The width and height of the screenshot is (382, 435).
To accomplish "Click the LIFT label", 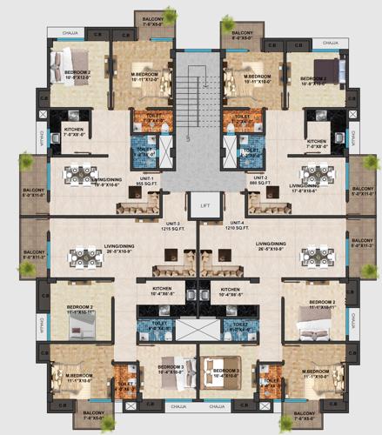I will coord(204,204).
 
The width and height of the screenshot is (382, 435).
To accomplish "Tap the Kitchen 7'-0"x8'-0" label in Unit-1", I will coord(75,132).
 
